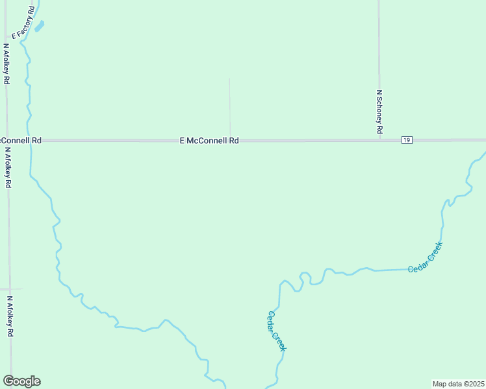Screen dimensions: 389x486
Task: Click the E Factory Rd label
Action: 22,21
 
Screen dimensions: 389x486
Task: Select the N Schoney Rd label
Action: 379,112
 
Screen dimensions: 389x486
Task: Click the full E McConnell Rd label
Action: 209,140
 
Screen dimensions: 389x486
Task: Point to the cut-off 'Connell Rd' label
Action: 21,140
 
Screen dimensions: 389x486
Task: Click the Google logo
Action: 21,381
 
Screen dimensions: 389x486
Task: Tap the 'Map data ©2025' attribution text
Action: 459,384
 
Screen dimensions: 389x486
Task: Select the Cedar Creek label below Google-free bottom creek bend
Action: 277,331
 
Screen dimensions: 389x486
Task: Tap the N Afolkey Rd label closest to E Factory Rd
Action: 6,64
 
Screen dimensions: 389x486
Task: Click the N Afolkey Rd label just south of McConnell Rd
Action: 8,167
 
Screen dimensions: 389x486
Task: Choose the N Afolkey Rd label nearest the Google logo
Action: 10,316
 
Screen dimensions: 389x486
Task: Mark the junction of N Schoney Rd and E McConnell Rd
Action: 379,140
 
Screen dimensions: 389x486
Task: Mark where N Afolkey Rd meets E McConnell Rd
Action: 7,140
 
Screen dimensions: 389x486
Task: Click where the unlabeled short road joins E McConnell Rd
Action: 229,140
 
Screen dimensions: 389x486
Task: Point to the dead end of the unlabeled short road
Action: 229,78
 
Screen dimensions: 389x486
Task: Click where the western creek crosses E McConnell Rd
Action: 31,140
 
